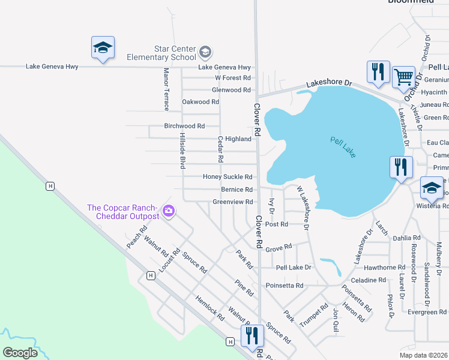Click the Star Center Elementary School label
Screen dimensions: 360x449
coord(161,52)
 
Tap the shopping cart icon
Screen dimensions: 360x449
coord(403,77)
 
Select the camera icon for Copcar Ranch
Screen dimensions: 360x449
coord(169,211)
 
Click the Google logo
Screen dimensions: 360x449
coord(20,352)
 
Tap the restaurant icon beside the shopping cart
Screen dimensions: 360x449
coord(378,71)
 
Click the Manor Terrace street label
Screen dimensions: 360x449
coord(167,89)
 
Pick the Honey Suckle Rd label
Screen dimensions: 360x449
coord(227,177)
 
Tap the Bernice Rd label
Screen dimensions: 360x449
coord(237,190)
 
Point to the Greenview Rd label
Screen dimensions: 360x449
coord(233,202)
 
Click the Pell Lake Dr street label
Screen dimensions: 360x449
coord(294,267)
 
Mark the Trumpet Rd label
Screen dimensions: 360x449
coord(314,315)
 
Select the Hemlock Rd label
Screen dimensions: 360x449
coord(209,308)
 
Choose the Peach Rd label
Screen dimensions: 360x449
coord(137,238)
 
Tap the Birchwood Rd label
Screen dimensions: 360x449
coord(184,127)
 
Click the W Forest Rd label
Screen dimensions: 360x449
coord(232,78)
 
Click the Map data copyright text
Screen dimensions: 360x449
coord(423,355)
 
